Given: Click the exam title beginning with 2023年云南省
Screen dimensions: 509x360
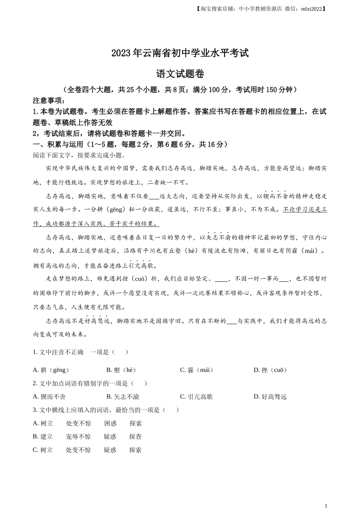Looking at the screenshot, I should (x=180, y=53).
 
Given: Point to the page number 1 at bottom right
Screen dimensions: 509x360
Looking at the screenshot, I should (x=326, y=505).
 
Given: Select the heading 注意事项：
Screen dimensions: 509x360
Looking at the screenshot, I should (x=49, y=100).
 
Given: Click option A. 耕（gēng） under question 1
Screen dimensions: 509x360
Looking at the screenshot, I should (x=51, y=370).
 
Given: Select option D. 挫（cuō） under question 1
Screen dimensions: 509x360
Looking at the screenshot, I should (x=271, y=370).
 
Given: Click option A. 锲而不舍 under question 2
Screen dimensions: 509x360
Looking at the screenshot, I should (x=49, y=397).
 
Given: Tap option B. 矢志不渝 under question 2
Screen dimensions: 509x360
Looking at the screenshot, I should (x=123, y=397).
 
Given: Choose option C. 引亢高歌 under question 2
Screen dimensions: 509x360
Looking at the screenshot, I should (x=196, y=397).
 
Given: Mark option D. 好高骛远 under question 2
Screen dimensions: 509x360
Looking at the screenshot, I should (x=270, y=397).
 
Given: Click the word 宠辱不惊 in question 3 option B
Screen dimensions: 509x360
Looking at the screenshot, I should (x=78, y=437).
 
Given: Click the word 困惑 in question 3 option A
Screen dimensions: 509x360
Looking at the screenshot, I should (x=110, y=423).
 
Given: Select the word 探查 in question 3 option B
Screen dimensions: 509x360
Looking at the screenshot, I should (x=135, y=437).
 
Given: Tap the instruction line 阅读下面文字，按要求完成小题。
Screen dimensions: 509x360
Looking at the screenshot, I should (x=79, y=155).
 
